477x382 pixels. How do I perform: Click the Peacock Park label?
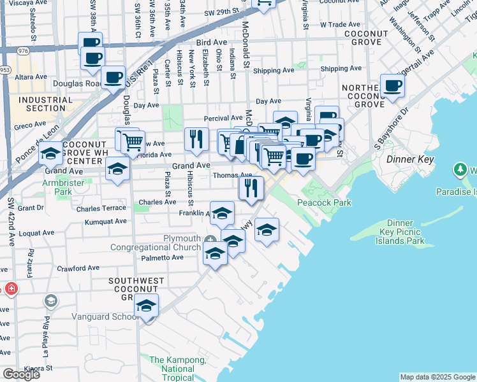(324, 202)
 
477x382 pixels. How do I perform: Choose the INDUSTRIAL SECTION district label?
(41, 104)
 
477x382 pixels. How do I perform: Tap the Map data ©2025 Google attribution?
(437, 377)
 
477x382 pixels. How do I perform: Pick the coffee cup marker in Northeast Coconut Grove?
(392, 85)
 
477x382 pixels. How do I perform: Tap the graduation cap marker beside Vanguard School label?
(146, 306)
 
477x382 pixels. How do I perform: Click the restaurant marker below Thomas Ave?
(251, 187)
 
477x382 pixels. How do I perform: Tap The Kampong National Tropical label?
(177, 369)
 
